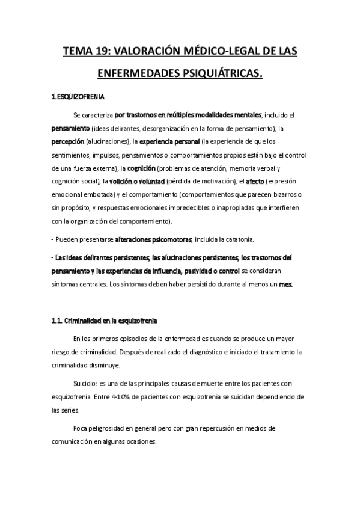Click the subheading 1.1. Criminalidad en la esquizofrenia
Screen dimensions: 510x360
[106, 319]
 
